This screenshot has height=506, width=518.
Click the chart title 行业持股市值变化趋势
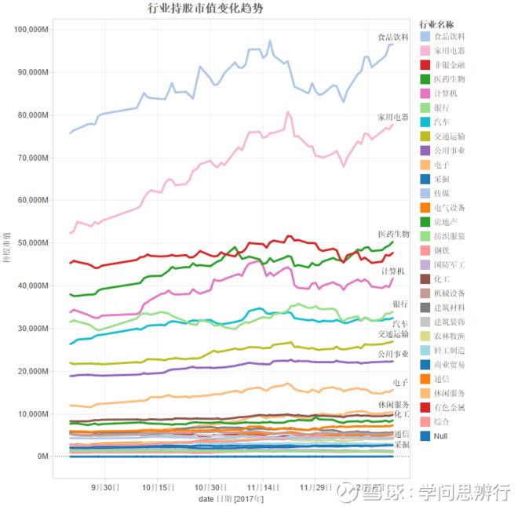206,9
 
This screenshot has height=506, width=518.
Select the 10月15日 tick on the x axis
158,487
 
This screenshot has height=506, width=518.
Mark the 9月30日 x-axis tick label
105,487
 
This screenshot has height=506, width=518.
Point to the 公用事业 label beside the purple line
393,353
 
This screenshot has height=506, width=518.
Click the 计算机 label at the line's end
393,271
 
